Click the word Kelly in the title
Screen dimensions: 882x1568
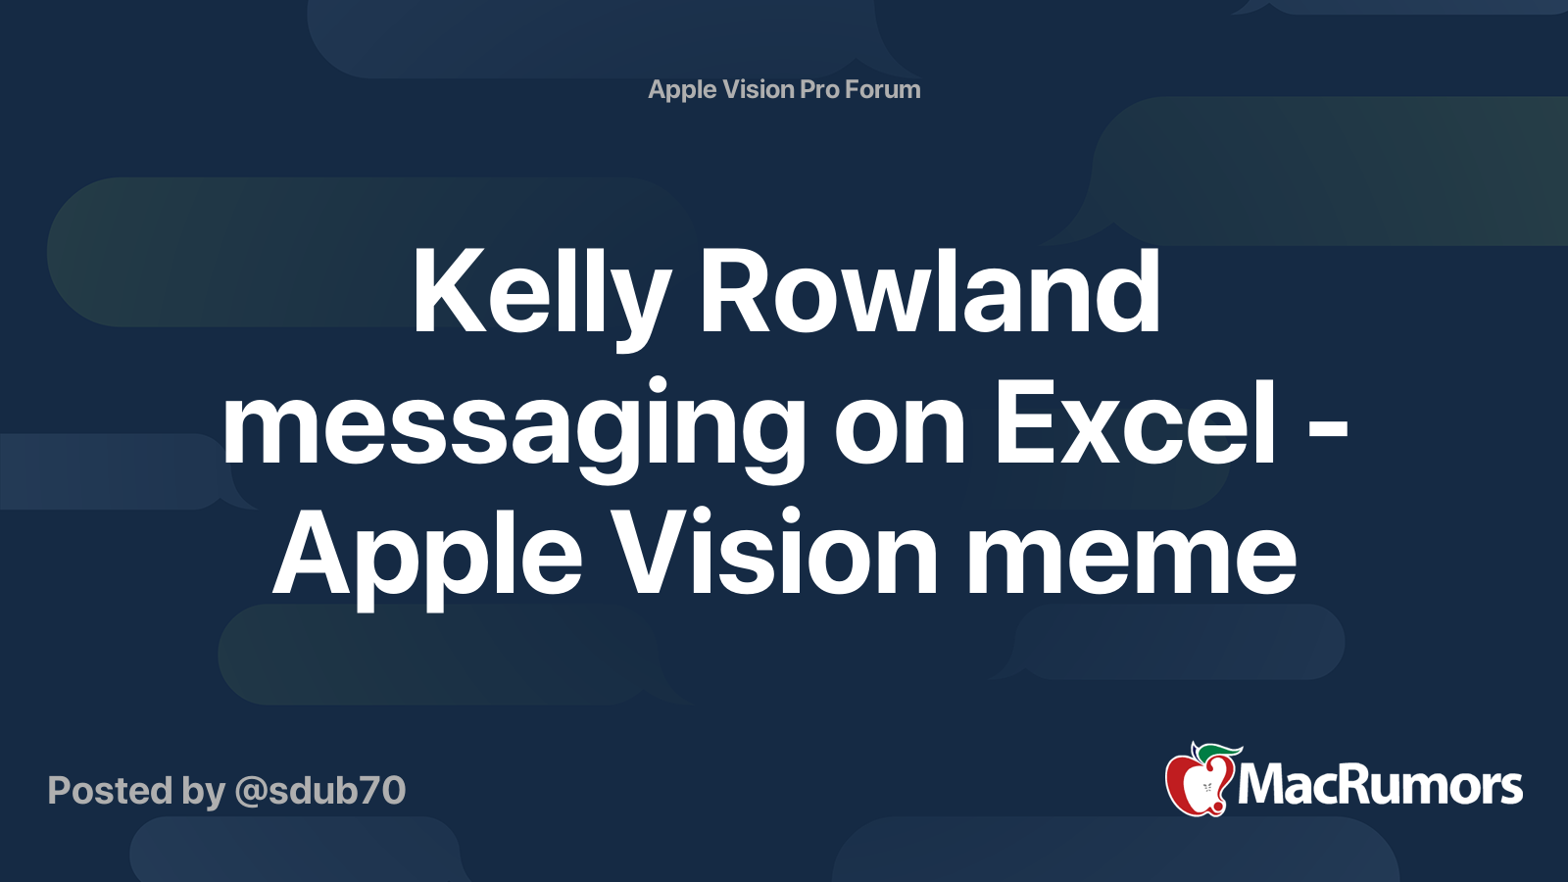point(540,294)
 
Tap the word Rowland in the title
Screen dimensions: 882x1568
point(929,294)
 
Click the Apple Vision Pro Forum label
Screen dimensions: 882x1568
point(784,89)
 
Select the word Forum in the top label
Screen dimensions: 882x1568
point(882,89)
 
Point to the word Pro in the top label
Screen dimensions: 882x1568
point(819,89)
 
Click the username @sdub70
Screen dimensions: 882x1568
point(319,790)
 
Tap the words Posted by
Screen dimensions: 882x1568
point(136,791)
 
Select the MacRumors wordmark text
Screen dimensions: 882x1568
point(1380,785)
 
